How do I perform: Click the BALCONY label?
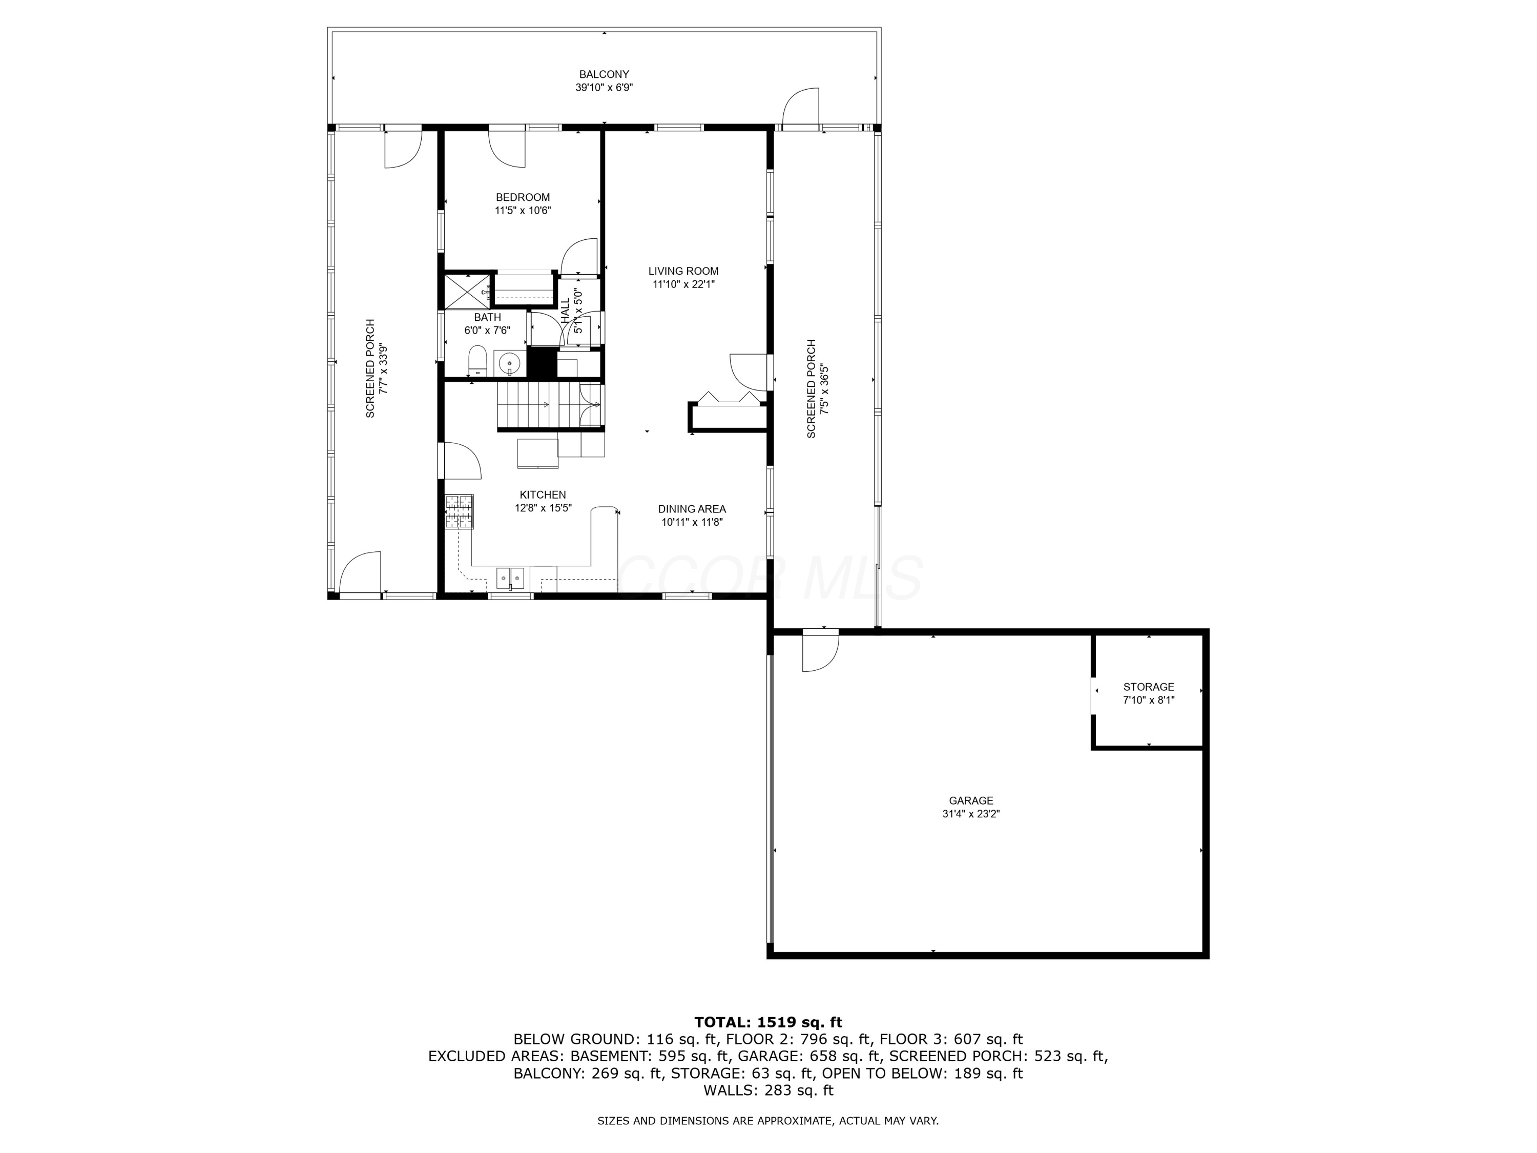604,74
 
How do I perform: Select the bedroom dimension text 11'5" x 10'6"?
523,211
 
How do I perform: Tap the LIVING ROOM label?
683,271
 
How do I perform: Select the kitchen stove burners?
459,512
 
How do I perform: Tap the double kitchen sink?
510,578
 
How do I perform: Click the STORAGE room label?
1149,687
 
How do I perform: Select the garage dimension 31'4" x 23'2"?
971,814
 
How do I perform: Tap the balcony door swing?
801,109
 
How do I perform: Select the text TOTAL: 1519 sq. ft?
768,1022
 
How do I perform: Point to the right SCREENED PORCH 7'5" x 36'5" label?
817,388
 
